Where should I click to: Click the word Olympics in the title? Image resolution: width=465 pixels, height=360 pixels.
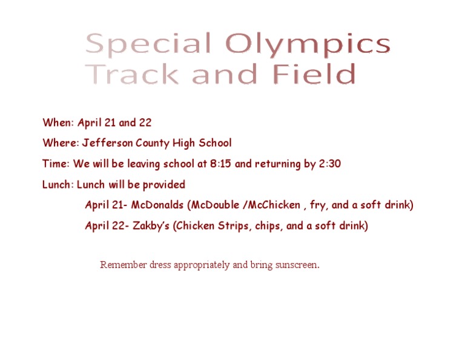pos(308,45)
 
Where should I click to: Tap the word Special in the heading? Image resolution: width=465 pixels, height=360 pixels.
pos(148,45)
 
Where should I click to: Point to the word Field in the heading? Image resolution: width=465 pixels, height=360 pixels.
pos(314,73)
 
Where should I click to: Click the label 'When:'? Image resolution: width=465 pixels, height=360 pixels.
pos(58,122)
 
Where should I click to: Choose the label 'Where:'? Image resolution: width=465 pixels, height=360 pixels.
pos(61,143)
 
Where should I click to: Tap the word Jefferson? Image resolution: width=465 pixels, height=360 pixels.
pos(107,143)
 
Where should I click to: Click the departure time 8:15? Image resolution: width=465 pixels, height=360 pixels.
pos(220,164)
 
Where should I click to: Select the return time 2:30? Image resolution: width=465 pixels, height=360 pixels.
pos(330,164)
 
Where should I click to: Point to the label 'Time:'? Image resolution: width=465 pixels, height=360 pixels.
pos(56,164)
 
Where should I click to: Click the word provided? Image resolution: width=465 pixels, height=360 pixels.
pos(164,185)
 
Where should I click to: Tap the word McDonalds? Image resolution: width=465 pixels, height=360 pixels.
pos(157,205)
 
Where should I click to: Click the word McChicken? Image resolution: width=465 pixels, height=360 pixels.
pos(274,205)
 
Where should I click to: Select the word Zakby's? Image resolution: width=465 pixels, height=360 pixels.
pos(151,225)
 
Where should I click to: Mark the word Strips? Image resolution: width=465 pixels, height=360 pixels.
pos(233,226)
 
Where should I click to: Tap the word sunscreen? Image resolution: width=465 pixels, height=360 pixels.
pos(297,264)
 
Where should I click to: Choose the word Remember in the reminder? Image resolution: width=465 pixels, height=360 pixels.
pos(124,264)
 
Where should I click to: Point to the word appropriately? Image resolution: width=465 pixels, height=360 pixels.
pos(202,265)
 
